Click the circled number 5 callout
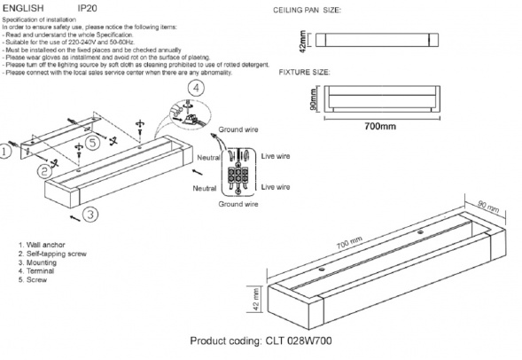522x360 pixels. click(92, 143)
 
